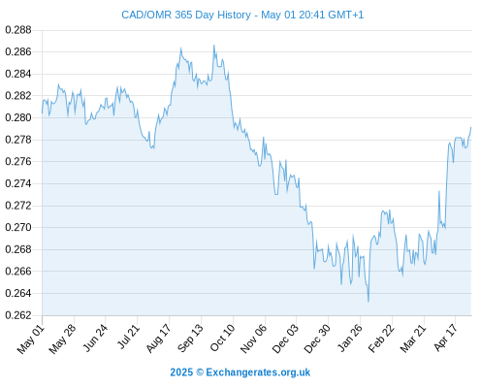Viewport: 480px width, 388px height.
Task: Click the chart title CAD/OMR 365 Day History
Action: (186, 15)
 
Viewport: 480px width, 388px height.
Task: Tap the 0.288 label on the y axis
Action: (18, 30)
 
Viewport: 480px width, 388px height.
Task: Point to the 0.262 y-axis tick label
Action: (18, 315)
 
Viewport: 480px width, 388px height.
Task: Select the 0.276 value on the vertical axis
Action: (18, 161)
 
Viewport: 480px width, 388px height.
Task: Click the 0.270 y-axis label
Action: (18, 227)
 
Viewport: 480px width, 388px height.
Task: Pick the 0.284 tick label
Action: (18, 74)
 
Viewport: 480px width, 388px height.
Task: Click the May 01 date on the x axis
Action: (30, 339)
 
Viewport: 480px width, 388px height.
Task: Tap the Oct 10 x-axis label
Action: (222, 338)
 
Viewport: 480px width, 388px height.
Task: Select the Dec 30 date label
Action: (317, 339)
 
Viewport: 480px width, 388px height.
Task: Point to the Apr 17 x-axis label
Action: (445, 338)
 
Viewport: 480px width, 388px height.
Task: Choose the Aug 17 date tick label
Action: (158, 339)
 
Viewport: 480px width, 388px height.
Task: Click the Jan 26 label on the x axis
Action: (349, 339)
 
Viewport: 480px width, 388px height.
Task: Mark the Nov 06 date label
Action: (254, 339)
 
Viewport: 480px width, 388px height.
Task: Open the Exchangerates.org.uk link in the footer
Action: (258, 372)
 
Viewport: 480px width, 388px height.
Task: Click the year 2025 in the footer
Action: (181, 372)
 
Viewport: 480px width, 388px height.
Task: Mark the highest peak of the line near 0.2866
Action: (214, 46)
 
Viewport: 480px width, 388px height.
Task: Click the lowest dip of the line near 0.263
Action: (368, 302)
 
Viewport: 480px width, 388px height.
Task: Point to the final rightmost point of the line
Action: (471, 127)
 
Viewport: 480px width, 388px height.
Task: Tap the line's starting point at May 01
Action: (42, 113)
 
